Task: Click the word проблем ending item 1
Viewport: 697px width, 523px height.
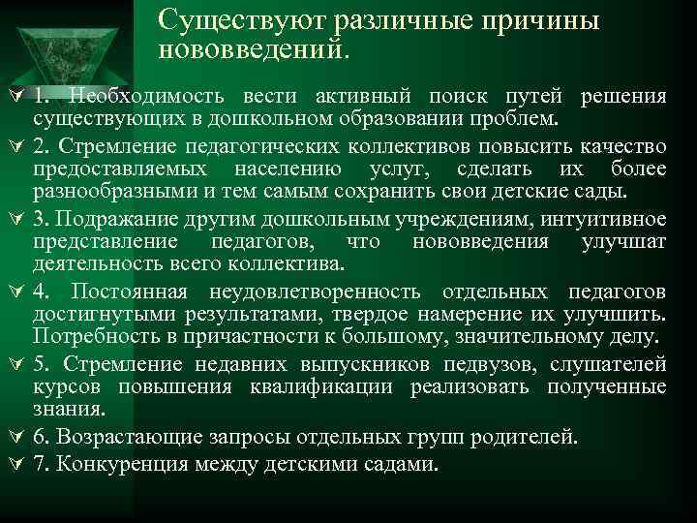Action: point(517,120)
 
